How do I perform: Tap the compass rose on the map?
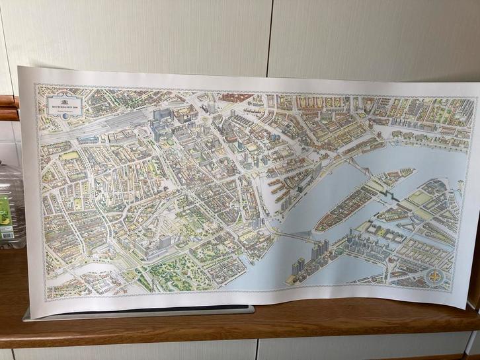point(435,277)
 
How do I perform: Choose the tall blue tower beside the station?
point(159,119)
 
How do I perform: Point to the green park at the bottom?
point(179,274)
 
